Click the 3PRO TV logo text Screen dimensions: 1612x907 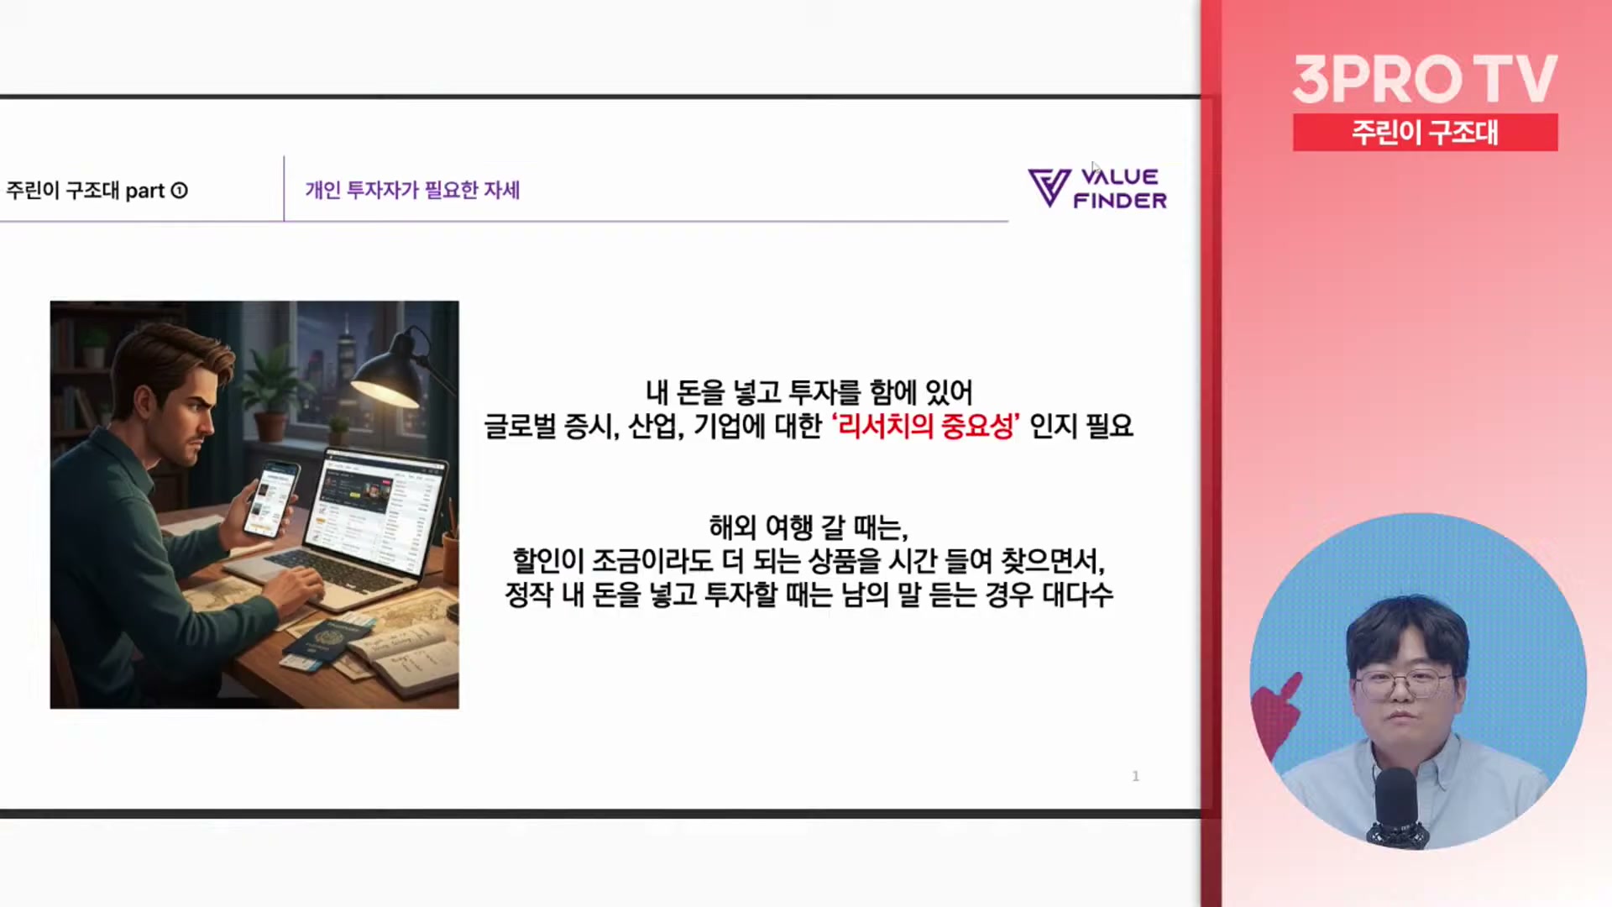[x=1425, y=79]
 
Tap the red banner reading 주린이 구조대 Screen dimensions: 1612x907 [x=1425, y=132]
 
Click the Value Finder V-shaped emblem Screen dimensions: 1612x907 [x=1049, y=187]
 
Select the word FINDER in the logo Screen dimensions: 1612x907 [x=1120, y=201]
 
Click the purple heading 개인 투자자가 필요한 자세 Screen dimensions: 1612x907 [x=412, y=190]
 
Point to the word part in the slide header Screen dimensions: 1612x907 [x=144, y=191]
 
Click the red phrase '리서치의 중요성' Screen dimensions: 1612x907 [x=925, y=426]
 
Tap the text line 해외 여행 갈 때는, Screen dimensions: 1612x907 [x=809, y=527]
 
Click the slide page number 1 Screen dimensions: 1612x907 [x=1136, y=776]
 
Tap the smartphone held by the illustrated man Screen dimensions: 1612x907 [x=270, y=499]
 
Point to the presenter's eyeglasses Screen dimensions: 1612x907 [x=1403, y=683]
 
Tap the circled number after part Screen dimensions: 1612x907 [x=179, y=191]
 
